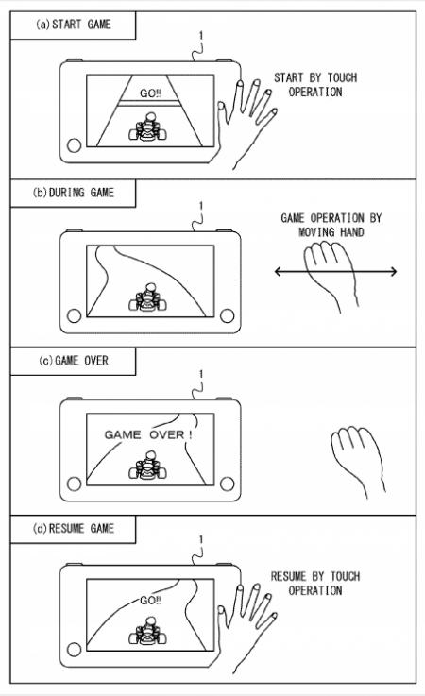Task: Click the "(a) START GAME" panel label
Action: [x=74, y=25]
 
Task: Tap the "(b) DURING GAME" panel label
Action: [x=74, y=193]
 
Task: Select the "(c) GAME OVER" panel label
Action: [x=74, y=361]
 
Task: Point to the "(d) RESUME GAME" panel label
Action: [x=74, y=529]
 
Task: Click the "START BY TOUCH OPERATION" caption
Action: [x=315, y=85]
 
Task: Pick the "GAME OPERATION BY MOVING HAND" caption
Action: [x=331, y=225]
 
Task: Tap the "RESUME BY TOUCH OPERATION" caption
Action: [x=315, y=584]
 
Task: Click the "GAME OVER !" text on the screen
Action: [x=148, y=434]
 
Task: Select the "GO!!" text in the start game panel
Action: [x=150, y=93]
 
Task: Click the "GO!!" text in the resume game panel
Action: [x=150, y=600]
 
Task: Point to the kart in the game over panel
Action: [x=147, y=466]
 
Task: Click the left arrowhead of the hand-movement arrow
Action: [x=278, y=271]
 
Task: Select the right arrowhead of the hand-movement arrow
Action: [x=393, y=271]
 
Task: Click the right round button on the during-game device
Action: [x=227, y=315]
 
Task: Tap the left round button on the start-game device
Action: [x=74, y=145]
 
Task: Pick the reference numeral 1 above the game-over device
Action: [x=201, y=374]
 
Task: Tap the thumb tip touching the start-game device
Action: [x=221, y=106]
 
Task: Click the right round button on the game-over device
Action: [x=227, y=484]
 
